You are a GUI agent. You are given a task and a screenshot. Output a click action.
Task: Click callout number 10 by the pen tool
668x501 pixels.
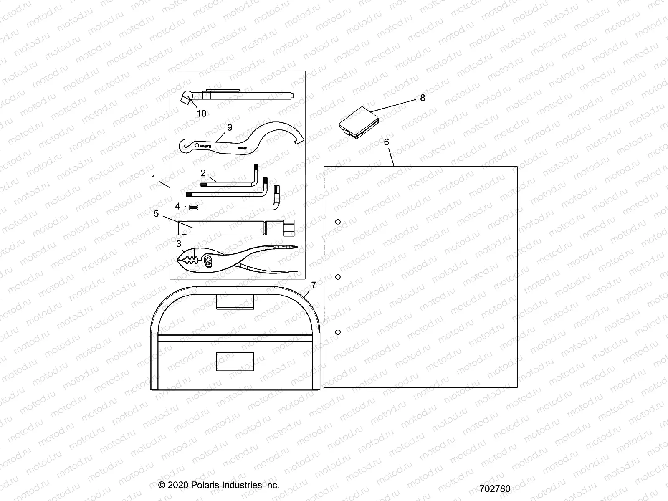(202, 113)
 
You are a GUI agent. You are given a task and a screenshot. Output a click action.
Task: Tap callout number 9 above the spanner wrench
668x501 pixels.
(229, 127)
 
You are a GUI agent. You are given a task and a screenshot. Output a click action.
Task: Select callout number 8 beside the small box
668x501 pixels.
(423, 98)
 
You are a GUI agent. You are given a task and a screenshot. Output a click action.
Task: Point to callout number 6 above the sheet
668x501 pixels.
(386, 142)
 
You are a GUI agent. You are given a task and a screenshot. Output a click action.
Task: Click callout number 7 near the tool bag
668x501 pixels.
(314, 285)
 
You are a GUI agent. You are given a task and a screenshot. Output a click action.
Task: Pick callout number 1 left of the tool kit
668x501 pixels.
(154, 179)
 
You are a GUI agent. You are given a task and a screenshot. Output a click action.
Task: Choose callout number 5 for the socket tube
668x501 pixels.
(156, 214)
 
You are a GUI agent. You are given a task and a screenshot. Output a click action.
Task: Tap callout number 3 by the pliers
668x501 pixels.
(179, 243)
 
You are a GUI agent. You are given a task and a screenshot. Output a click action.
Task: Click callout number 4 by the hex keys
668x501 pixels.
(178, 206)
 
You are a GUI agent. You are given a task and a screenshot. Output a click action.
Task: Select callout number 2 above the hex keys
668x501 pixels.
(203, 173)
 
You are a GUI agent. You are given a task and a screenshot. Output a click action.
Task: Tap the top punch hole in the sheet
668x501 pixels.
(338, 222)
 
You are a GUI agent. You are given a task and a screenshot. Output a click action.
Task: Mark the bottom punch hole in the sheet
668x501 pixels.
(338, 332)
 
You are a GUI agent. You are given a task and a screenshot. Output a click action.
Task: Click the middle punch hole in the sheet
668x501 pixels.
(338, 277)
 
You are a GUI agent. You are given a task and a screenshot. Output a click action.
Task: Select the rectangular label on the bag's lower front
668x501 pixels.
(235, 361)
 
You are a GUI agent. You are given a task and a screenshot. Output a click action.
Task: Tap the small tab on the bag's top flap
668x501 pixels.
(235, 301)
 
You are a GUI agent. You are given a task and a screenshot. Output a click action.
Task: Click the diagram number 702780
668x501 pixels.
(495, 488)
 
